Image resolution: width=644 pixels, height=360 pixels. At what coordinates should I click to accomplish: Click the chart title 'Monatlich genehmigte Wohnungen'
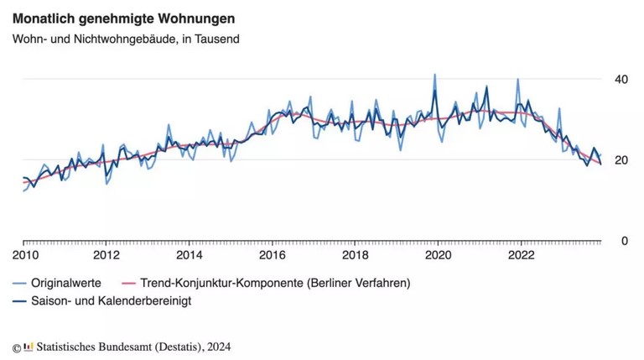click(123, 18)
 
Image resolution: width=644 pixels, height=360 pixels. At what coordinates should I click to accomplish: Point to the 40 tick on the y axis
click(621, 79)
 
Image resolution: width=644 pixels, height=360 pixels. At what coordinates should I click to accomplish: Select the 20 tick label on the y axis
click(621, 160)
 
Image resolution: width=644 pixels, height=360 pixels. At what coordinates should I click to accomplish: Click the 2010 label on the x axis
click(23, 254)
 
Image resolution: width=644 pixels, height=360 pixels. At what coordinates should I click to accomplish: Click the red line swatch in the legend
click(130, 284)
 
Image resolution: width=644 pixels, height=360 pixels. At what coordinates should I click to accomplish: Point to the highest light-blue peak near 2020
click(434, 75)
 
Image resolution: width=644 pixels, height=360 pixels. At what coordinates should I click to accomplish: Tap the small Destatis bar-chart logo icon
click(29, 346)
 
